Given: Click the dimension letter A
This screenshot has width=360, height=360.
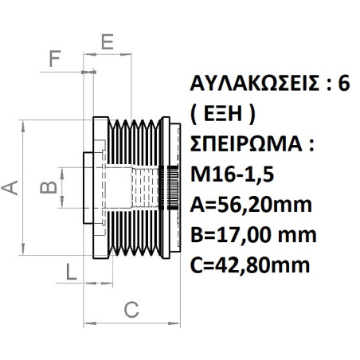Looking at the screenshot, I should pyautogui.click(x=10, y=186).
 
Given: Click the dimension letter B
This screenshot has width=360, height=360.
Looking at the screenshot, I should pyautogui.click(x=49, y=187).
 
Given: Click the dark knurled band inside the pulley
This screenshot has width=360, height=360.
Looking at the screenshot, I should pyautogui.click(x=168, y=186).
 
